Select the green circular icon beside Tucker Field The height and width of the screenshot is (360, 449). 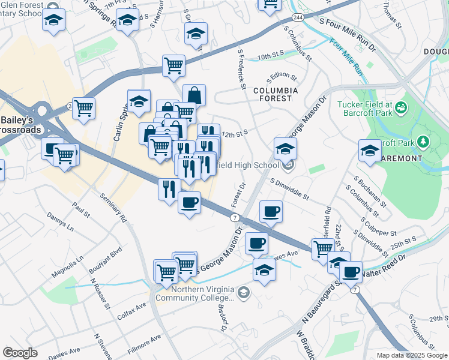402,108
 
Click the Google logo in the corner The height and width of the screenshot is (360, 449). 20,353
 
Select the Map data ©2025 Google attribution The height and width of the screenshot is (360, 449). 412,355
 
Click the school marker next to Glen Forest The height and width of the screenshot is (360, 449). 54,20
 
